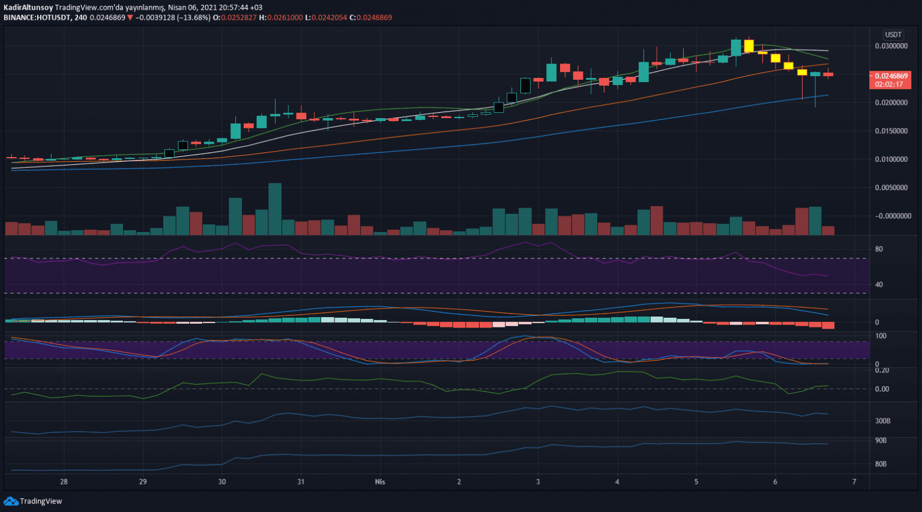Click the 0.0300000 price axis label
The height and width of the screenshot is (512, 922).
pos(891,46)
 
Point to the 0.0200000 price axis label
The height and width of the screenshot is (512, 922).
pos(891,103)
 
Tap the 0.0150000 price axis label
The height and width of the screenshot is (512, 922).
pos(891,131)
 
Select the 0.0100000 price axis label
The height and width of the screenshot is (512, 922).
pos(891,159)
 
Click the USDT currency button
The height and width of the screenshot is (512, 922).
pos(893,35)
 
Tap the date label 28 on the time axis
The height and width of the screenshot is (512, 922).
pos(64,482)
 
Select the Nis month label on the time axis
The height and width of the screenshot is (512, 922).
pos(380,482)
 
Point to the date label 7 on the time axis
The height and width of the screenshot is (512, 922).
pos(854,482)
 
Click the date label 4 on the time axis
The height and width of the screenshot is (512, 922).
pos(617,482)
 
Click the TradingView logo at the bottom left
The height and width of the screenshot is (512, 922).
pos(33,501)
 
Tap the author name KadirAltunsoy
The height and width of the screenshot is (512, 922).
pos(28,8)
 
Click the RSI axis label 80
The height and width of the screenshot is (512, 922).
pos(879,249)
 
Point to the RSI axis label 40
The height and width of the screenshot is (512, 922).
pos(879,285)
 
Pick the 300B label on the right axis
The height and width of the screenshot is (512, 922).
pos(882,421)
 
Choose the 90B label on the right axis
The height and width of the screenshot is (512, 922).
pos(881,441)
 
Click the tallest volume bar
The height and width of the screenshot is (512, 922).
pos(275,209)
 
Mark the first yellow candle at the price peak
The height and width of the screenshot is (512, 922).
pos(749,46)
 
